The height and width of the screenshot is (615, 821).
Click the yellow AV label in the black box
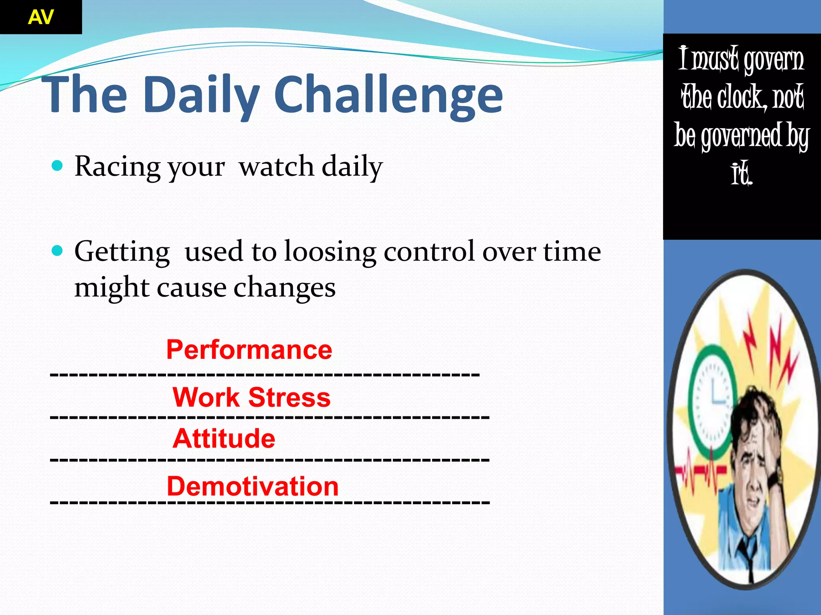click(40, 17)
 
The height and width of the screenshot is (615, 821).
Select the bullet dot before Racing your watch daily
click(58, 165)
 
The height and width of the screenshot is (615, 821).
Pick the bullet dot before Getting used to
click(58, 251)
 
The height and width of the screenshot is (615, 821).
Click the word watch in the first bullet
click(276, 166)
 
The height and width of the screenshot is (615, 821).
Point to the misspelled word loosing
click(330, 252)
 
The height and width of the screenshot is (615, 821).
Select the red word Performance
click(249, 350)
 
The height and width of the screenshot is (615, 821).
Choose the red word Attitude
click(224, 438)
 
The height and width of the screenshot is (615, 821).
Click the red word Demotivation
click(253, 486)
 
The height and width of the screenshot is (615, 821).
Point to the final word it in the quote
click(741, 174)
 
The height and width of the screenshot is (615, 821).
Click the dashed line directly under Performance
click(265, 374)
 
